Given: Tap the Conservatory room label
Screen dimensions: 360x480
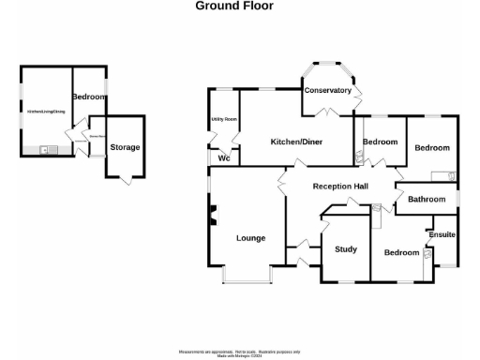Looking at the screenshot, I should point(327,91).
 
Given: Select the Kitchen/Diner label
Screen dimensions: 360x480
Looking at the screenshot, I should point(296,142).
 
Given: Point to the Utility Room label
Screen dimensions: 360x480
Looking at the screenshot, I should point(223,119).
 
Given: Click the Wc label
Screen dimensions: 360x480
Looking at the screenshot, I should point(224,158).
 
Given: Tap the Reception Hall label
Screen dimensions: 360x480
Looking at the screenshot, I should point(340,187).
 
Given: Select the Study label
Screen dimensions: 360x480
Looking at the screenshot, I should point(347,249).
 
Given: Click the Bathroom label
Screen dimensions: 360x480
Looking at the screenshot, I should point(426,200).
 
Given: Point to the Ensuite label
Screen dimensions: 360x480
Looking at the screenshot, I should point(441,233).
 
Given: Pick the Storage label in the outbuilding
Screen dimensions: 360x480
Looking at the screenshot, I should point(125,147).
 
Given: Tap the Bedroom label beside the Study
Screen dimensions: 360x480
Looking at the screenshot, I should point(401,253).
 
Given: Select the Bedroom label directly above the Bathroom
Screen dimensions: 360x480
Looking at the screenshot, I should point(432,148).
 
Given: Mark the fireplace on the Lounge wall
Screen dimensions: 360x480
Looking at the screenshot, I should point(213,217).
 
